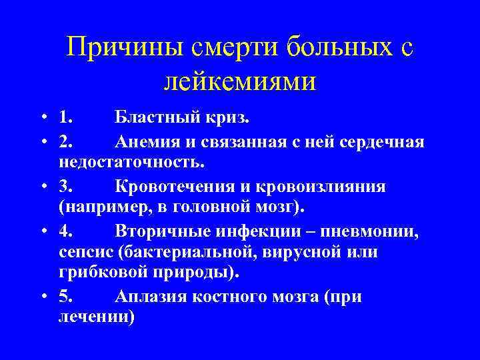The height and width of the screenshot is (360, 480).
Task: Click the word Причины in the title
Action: [x=119, y=48]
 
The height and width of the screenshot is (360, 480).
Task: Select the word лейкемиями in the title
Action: [x=239, y=82]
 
